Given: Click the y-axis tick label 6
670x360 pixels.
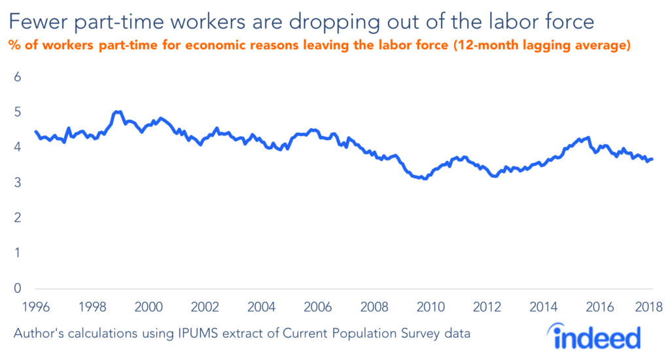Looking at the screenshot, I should click(18, 77).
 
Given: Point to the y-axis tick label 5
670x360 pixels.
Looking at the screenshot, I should click(18, 113).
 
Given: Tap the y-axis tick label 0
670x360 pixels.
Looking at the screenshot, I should click(18, 289).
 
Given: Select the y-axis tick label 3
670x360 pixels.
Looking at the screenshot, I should click(18, 183).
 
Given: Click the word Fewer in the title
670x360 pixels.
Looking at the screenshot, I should click(37, 23).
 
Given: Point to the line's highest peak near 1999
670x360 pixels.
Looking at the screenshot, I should click(117, 112).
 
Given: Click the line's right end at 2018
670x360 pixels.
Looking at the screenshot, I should click(652, 159).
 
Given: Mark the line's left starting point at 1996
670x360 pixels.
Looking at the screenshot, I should click(35, 132).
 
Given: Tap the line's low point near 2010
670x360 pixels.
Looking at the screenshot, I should click(425, 178).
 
